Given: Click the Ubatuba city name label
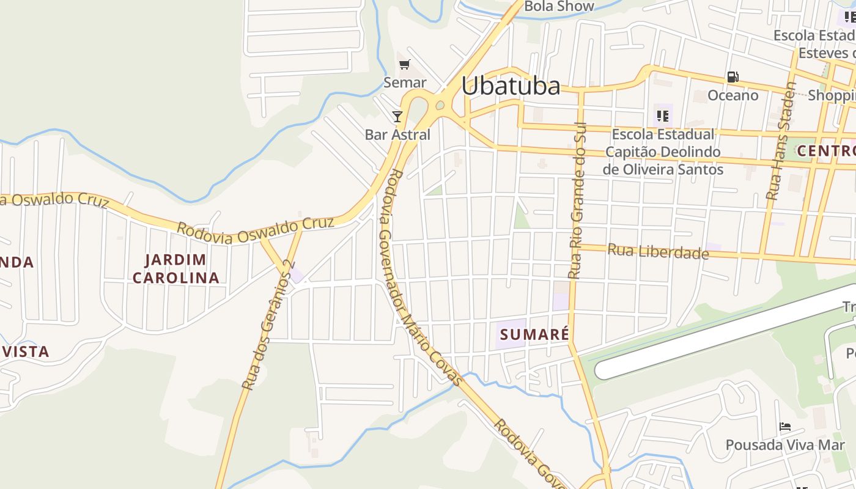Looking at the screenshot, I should pos(511,86).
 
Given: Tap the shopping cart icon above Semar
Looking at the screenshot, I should pos(404,64).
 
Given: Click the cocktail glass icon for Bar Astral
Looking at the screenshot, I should pos(397,116).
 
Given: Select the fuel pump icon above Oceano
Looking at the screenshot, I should pos(732,77).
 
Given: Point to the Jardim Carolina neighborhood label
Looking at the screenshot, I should pos(175,268).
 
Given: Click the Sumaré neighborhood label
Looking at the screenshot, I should pos(534,334).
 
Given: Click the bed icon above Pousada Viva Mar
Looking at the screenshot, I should pos(785,427).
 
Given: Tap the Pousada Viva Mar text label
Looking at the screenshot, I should pos(785,444).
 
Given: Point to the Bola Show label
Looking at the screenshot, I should pos(559,6).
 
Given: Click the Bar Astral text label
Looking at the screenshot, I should pos(397,134).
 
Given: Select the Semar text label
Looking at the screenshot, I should pos(405,82).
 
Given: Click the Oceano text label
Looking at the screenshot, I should pos(732,95).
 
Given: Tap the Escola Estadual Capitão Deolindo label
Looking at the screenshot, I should pos(663,152).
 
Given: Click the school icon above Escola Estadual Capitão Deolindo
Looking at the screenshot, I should pos(663,116).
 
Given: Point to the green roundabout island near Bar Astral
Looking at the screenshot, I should pos(439,106).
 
